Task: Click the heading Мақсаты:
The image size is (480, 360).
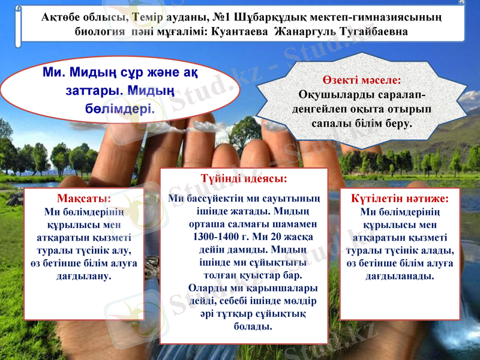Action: [83, 198]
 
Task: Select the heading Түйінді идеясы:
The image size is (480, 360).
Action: [245, 178]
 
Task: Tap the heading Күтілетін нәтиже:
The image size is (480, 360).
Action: [400, 198]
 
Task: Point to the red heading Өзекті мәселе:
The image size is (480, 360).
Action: [361, 79]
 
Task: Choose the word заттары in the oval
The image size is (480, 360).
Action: [89, 92]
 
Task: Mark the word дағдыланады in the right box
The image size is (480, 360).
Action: [400, 276]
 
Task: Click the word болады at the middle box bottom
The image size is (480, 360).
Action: [252, 326]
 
